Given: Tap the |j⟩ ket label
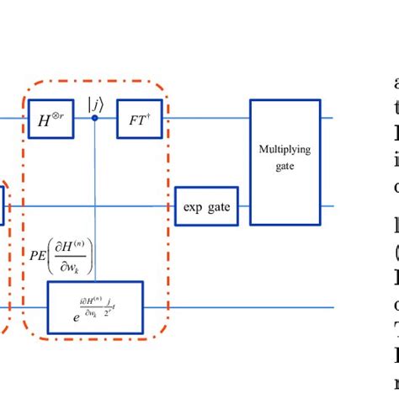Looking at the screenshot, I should coord(94,104).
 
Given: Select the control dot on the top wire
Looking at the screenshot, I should coord(94,119).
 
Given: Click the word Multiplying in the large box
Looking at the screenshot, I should coord(285,149).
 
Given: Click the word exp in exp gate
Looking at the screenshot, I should coord(193,206).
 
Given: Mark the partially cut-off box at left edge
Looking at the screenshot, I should coord(3,206).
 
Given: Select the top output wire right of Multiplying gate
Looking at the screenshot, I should coord(328,119).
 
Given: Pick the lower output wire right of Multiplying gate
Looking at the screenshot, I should coord(328,206).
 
